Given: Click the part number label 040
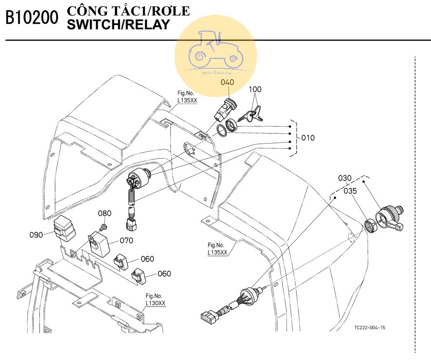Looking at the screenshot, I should [227, 82].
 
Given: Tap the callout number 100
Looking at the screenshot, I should [255, 90].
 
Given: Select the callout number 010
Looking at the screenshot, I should [308, 138].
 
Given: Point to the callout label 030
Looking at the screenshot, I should [345, 178].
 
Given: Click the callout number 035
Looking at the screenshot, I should [350, 191].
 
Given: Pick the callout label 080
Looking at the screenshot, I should [105, 213].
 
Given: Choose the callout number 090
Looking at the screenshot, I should [36, 234].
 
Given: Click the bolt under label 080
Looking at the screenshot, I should [103, 226].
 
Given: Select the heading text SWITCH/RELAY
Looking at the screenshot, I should [118, 25].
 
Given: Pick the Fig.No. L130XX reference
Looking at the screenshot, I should [155, 300].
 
